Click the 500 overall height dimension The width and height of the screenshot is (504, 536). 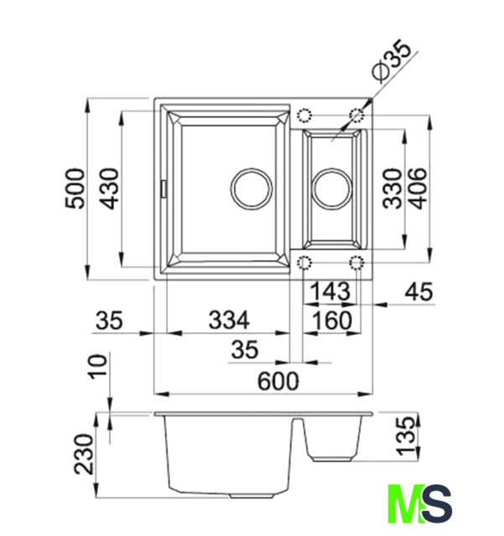(75, 188)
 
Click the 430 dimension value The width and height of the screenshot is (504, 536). (110, 188)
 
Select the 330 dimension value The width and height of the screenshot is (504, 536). (392, 188)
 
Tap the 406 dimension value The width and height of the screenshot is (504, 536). (418, 188)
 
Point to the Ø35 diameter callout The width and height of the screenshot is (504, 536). (392, 61)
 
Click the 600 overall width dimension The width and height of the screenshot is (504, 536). (278, 381)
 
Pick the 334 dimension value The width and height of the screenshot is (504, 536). (229, 320)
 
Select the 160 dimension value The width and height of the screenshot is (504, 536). (331, 320)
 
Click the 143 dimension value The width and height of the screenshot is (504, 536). (330, 291)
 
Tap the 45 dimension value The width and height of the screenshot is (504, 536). (418, 291)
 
